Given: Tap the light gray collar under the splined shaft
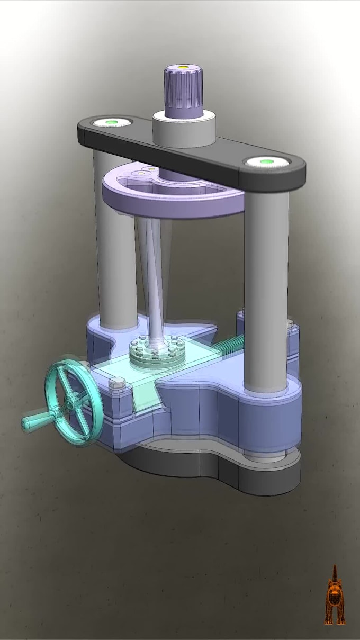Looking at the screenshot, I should pyautogui.click(x=184, y=130).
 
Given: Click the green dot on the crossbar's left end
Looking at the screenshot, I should pyautogui.click(x=111, y=122).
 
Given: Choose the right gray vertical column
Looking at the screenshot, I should pyautogui.click(x=266, y=286).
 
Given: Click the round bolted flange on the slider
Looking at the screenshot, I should pyautogui.click(x=158, y=351).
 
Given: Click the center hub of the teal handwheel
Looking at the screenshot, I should pyautogui.click(x=70, y=403).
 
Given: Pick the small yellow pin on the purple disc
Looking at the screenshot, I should pyautogui.click(x=151, y=170).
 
